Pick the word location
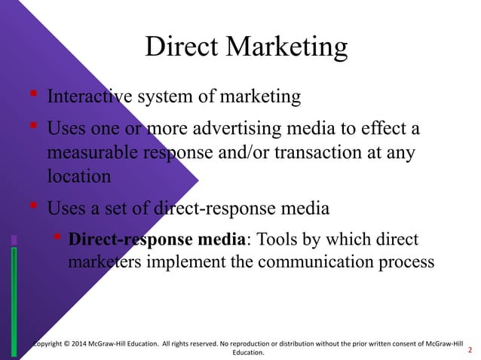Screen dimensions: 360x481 point(78,177)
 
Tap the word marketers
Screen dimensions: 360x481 point(100,264)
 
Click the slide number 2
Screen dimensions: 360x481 point(470,350)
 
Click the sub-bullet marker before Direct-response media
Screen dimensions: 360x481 point(57,239)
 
